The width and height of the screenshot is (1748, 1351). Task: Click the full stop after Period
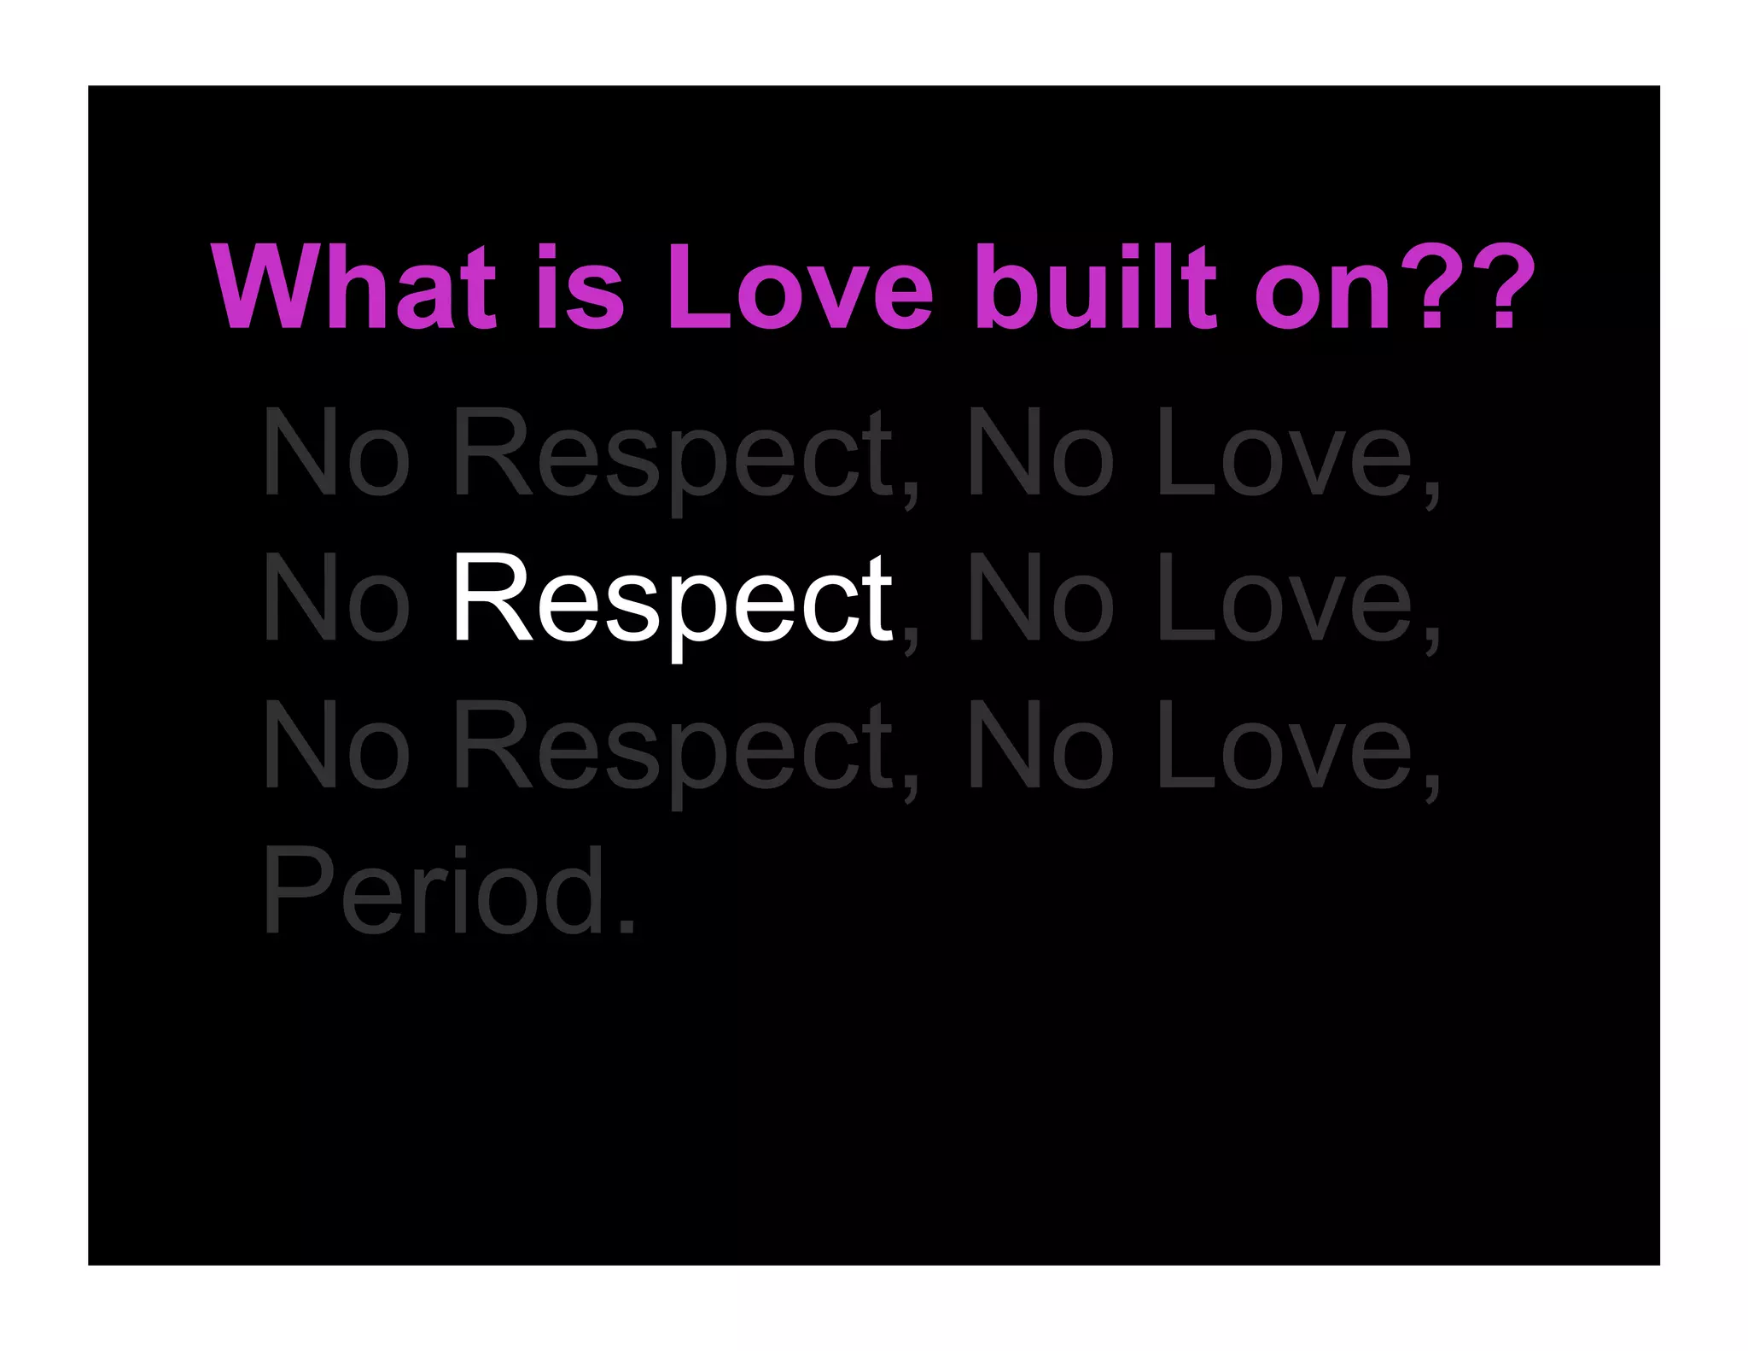[x=627, y=927]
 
